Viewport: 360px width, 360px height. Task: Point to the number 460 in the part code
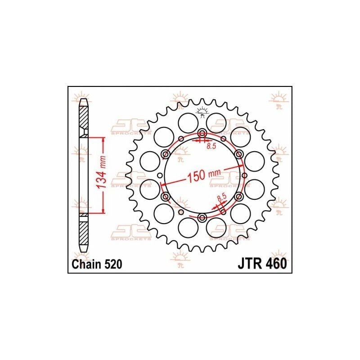click(x=275, y=265)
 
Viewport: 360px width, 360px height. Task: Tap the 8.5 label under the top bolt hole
click(x=211, y=146)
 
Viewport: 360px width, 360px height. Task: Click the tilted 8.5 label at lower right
click(x=221, y=198)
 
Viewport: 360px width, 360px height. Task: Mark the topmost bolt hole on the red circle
click(x=202, y=134)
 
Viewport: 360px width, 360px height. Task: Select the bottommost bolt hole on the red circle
click(x=202, y=218)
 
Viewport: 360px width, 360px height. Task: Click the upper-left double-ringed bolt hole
click(x=166, y=155)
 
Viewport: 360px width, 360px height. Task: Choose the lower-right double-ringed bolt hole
click(x=238, y=197)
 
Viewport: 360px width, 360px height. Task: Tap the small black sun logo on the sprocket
click(x=202, y=111)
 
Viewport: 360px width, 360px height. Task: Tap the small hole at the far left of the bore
click(x=160, y=176)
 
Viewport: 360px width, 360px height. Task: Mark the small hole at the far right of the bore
click(x=244, y=176)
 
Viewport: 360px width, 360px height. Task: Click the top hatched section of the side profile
click(x=84, y=118)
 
